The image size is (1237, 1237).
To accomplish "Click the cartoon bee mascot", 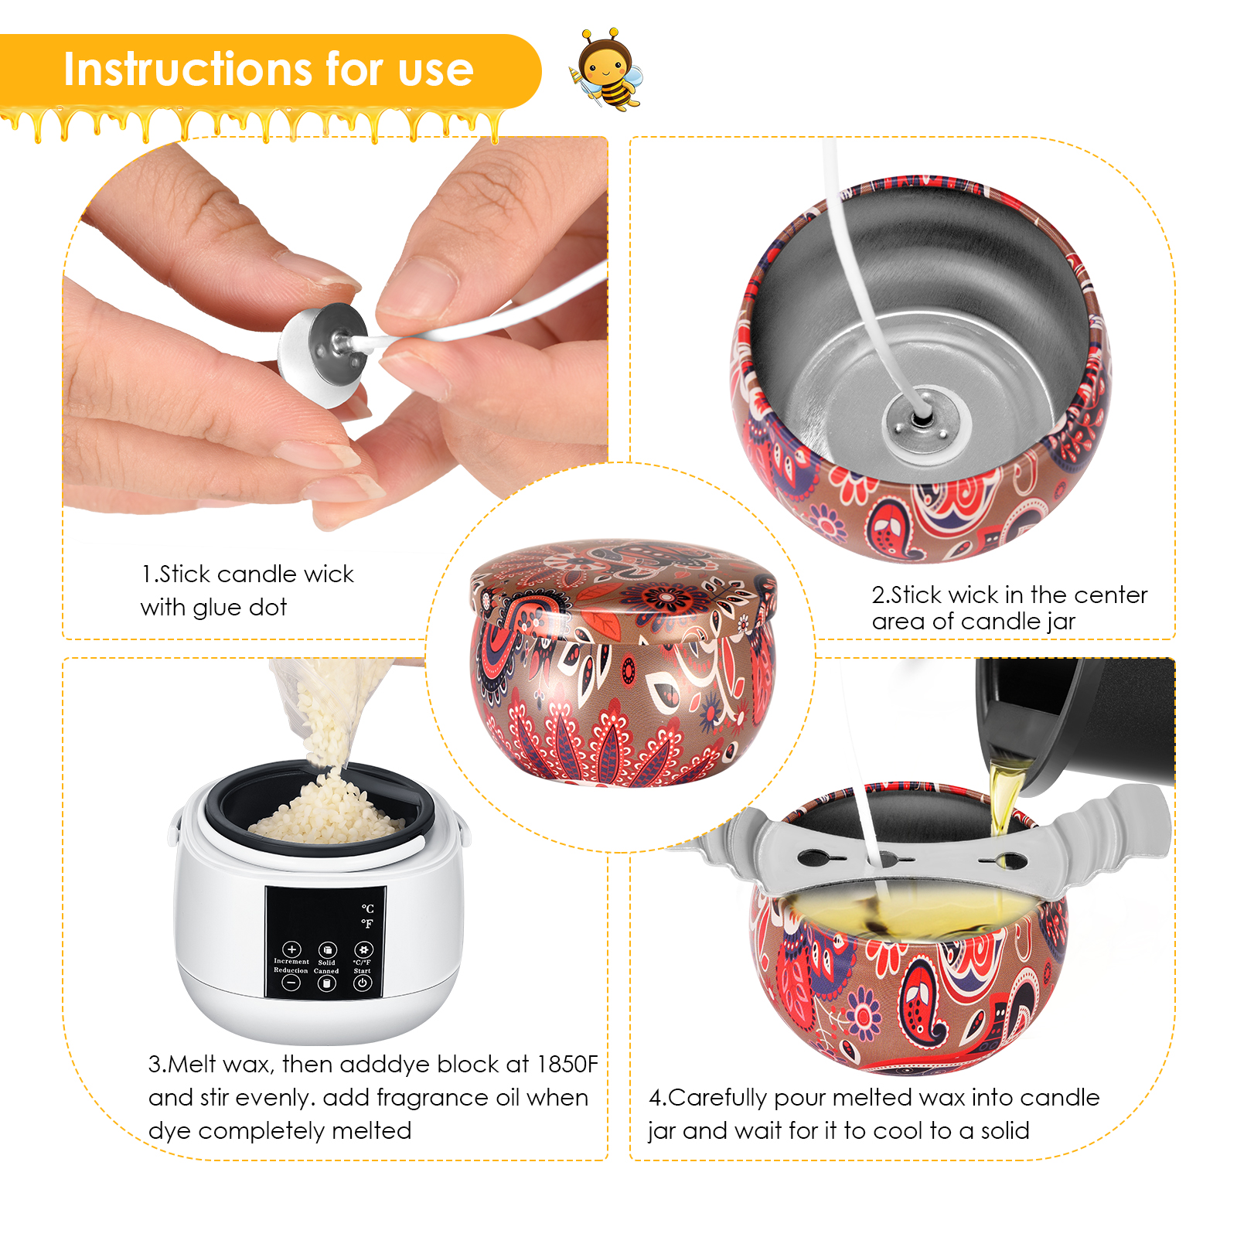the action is click(x=607, y=70).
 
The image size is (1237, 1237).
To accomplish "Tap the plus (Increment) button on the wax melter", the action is click(x=291, y=949).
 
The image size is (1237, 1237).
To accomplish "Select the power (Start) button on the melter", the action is click(x=362, y=983).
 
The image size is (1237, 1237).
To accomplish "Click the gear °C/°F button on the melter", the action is click(x=363, y=949).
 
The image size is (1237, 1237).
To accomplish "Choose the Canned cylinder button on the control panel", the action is click(x=326, y=983).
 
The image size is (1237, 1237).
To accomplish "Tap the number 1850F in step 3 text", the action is click(x=567, y=1064).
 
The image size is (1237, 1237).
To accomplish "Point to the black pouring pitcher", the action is click(x=1075, y=727).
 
